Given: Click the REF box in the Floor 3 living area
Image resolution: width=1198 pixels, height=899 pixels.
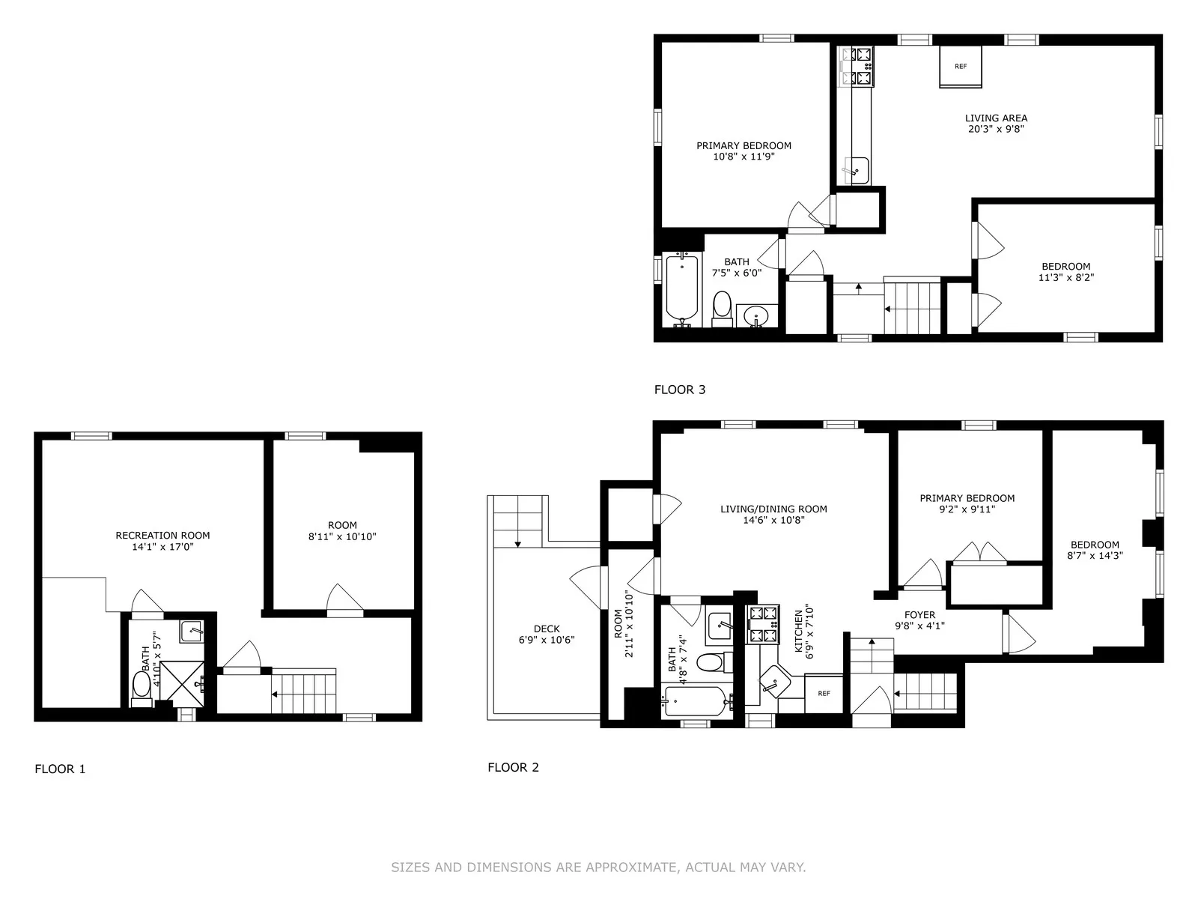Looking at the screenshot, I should pyautogui.click(x=961, y=67).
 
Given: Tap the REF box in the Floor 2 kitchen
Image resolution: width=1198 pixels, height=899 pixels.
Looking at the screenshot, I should pyautogui.click(x=824, y=694).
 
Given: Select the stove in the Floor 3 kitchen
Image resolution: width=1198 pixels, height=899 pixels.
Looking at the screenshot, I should pyautogui.click(x=857, y=66).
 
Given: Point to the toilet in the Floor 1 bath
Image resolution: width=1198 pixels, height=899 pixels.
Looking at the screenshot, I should pyautogui.click(x=142, y=686).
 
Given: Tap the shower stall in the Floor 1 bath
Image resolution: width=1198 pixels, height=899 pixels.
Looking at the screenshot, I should pyautogui.click(x=182, y=682).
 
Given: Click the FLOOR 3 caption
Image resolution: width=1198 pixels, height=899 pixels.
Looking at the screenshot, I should pyautogui.click(x=679, y=390).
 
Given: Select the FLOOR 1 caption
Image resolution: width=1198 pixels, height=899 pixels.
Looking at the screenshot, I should pyautogui.click(x=60, y=769).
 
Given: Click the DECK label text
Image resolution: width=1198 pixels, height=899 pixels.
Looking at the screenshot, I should pyautogui.click(x=547, y=629).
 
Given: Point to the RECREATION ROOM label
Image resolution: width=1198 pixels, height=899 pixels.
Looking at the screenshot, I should pyautogui.click(x=162, y=535).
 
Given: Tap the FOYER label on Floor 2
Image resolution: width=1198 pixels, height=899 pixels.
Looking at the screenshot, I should pyautogui.click(x=919, y=615).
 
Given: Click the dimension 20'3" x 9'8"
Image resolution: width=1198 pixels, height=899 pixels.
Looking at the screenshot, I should pyautogui.click(x=996, y=129).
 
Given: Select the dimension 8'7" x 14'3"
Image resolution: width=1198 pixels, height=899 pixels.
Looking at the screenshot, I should pyautogui.click(x=1095, y=556).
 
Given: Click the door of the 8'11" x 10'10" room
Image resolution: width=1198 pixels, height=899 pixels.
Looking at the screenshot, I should pyautogui.click(x=344, y=599).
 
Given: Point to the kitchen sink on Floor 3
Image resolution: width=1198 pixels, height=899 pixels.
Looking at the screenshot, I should pyautogui.click(x=857, y=170).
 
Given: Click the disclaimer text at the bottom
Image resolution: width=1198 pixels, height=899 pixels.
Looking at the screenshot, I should pyautogui.click(x=598, y=868).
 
